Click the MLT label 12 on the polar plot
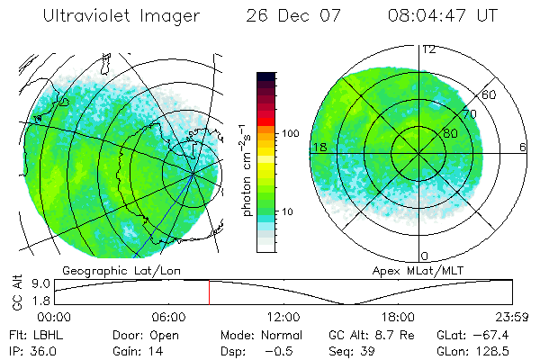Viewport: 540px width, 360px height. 428,49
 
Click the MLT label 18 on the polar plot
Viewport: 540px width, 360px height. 319,147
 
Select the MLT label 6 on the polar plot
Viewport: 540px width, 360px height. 522,147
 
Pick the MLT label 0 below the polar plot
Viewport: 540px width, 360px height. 425,256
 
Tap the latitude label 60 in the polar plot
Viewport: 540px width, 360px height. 490,94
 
